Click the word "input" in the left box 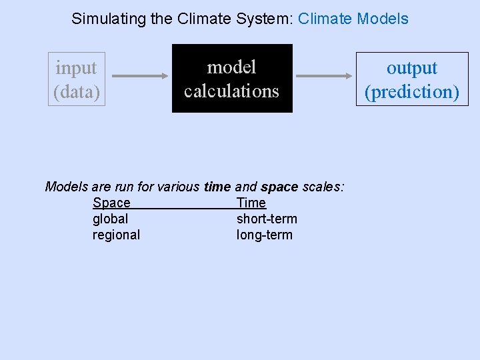[x=76, y=68]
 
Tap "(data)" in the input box [x=76, y=91]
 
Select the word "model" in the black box [x=231, y=67]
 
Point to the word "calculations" [x=231, y=90]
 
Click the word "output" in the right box [x=412, y=68]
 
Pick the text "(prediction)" [x=412, y=91]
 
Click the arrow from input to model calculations [x=137, y=77]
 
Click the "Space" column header [x=111, y=203]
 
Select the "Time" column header [x=251, y=203]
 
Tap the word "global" [x=111, y=219]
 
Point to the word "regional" [x=117, y=235]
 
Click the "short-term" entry [x=267, y=219]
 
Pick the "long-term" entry [x=265, y=235]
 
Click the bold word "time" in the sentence [x=217, y=187]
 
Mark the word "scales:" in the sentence [x=323, y=187]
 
